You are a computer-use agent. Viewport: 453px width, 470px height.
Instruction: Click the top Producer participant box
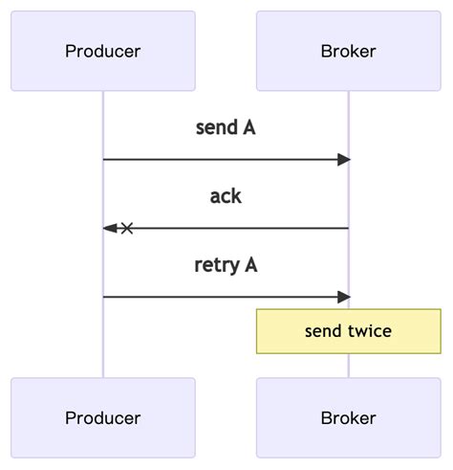pyautogui.click(x=103, y=51)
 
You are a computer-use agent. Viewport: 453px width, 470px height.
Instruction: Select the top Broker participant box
pyautogui.click(x=348, y=51)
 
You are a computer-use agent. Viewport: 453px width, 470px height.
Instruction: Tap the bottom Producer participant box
pyautogui.click(x=103, y=417)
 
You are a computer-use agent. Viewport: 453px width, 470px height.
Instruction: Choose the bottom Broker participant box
pyautogui.click(x=348, y=417)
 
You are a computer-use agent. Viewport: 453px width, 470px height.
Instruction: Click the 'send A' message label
pyautogui.click(x=226, y=127)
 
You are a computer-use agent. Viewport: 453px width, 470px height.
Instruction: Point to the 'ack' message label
pyautogui.click(x=226, y=196)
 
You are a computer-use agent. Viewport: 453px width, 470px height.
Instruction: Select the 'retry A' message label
pyautogui.click(x=226, y=265)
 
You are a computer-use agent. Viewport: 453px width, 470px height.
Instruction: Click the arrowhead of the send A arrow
pyautogui.click(x=344, y=160)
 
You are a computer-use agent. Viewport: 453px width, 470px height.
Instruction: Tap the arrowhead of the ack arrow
pyautogui.click(x=109, y=229)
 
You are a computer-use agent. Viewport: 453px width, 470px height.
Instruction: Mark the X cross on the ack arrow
pyautogui.click(x=126, y=229)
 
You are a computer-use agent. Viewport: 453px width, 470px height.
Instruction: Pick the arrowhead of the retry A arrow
pyautogui.click(x=344, y=298)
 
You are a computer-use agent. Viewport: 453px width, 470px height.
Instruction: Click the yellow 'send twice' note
pyautogui.click(x=348, y=331)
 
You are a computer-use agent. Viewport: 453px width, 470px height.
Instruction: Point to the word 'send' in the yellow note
pyautogui.click(x=323, y=331)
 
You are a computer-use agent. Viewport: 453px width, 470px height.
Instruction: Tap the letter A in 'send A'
pyautogui.click(x=248, y=127)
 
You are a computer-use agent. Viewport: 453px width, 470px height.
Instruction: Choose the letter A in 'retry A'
pyautogui.click(x=250, y=265)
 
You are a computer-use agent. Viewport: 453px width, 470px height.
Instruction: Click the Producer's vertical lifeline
pyautogui.click(x=103, y=345)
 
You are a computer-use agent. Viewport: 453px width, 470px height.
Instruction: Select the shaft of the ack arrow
pyautogui.click(x=239, y=229)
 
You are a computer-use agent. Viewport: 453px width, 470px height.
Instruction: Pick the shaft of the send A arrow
pyautogui.click(x=220, y=160)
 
